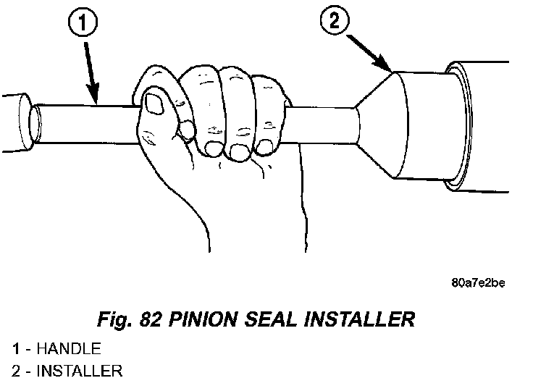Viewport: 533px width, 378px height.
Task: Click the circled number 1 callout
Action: point(83,22)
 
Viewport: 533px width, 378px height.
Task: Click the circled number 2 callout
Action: point(335,20)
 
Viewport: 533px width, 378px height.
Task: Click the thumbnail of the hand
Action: point(154,104)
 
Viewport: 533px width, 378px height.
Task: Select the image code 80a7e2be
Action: point(478,283)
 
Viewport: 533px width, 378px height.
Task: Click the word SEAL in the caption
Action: point(271,319)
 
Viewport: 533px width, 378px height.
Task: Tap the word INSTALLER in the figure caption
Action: point(359,319)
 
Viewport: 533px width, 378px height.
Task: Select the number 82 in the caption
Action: point(150,319)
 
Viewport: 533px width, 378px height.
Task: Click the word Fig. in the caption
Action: point(115,320)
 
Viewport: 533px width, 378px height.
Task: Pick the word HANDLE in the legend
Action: point(69,349)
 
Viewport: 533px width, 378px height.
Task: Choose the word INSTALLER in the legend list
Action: point(80,371)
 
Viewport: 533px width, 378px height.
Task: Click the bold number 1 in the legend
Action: point(16,349)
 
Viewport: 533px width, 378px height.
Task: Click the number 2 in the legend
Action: point(16,371)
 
